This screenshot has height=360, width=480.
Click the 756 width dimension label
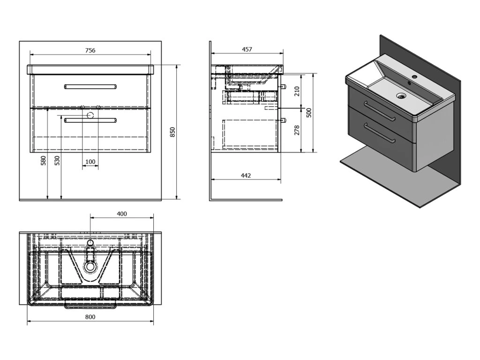click(90, 51)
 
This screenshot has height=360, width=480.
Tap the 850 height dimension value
click(172, 132)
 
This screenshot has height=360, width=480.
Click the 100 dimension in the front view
click(90, 162)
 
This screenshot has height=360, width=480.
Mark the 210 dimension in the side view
click(296, 91)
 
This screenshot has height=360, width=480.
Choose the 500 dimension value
click(308, 113)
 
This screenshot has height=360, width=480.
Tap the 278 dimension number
click(296, 131)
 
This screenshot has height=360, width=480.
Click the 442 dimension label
click(246, 175)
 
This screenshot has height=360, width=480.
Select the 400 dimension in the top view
click(121, 214)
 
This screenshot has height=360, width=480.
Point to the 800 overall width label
click(90, 317)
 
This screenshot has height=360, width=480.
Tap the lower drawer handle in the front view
click(90, 120)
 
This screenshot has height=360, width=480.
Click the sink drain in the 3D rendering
click(401, 96)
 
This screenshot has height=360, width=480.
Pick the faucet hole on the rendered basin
click(415, 76)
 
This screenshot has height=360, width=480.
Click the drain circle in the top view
click(90, 266)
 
